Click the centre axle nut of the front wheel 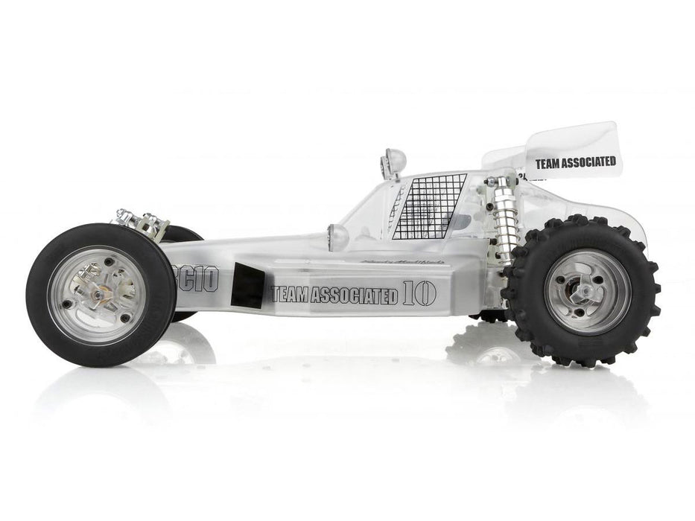[99, 295]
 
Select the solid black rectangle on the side [249, 285]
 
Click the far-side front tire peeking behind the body [183, 235]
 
